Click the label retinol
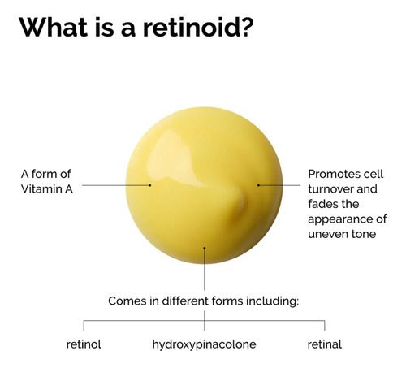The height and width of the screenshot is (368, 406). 84,344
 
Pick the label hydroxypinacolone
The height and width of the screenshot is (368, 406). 204,344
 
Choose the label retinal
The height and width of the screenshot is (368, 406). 324,344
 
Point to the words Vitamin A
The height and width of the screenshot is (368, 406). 47,189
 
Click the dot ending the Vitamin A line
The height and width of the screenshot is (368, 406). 150,185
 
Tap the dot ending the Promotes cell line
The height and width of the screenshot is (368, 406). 258,185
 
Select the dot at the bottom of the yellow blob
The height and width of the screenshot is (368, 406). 205,248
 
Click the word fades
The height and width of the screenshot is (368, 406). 322,204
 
